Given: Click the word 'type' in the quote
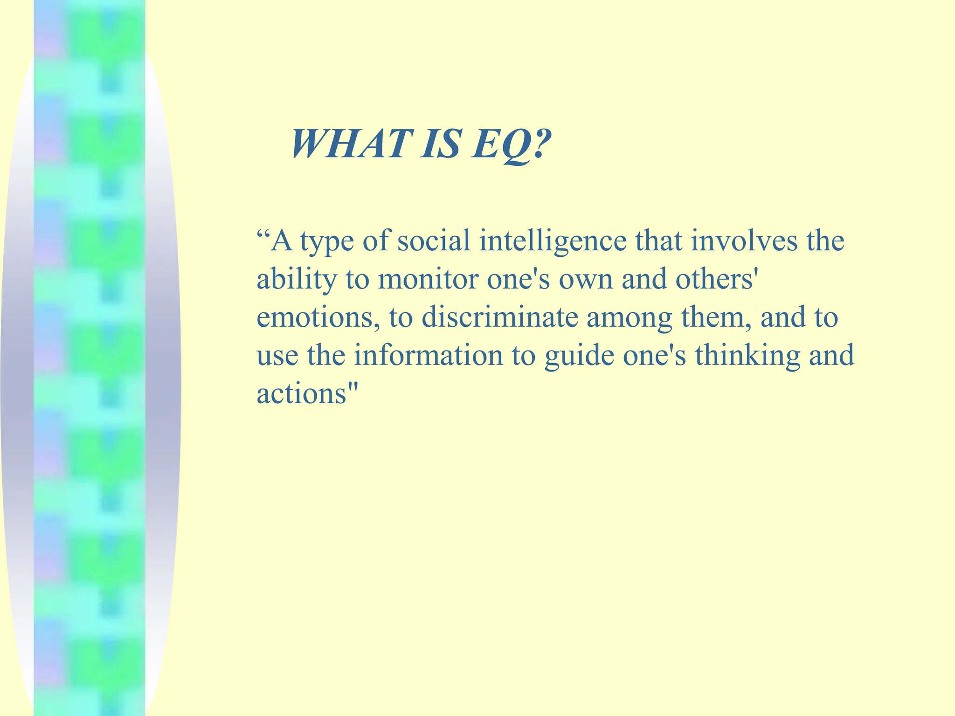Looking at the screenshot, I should click(326, 242).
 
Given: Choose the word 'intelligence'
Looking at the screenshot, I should click(553, 242).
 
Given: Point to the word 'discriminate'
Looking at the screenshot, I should click(499, 317).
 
